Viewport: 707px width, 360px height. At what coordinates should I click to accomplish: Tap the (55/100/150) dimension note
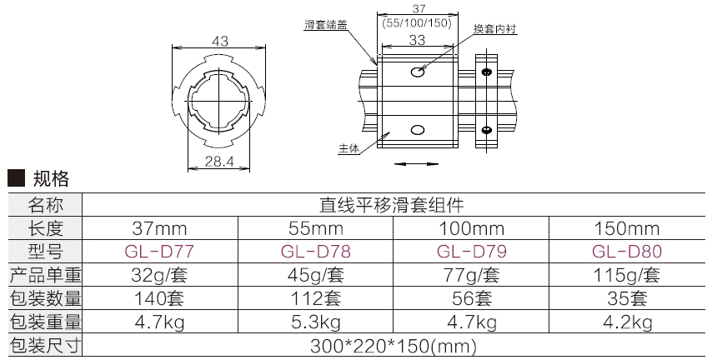[x=416, y=23]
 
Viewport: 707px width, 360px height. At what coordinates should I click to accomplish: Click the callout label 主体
[x=348, y=149]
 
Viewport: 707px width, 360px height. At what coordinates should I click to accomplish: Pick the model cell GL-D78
[x=315, y=251]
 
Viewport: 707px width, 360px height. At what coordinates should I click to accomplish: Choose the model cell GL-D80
[x=628, y=251]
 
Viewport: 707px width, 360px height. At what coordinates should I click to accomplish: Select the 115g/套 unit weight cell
[x=628, y=274]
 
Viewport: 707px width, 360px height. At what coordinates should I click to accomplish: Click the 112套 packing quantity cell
[x=315, y=297]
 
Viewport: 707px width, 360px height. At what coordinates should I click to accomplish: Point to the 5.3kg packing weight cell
[x=315, y=321]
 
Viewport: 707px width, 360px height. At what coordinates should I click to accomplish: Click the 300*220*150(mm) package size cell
[x=393, y=344]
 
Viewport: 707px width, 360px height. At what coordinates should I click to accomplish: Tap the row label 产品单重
[x=44, y=274]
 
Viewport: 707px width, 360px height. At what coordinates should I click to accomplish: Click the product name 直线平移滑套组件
[x=393, y=204]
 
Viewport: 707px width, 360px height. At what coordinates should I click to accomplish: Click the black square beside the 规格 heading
[x=13, y=177]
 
